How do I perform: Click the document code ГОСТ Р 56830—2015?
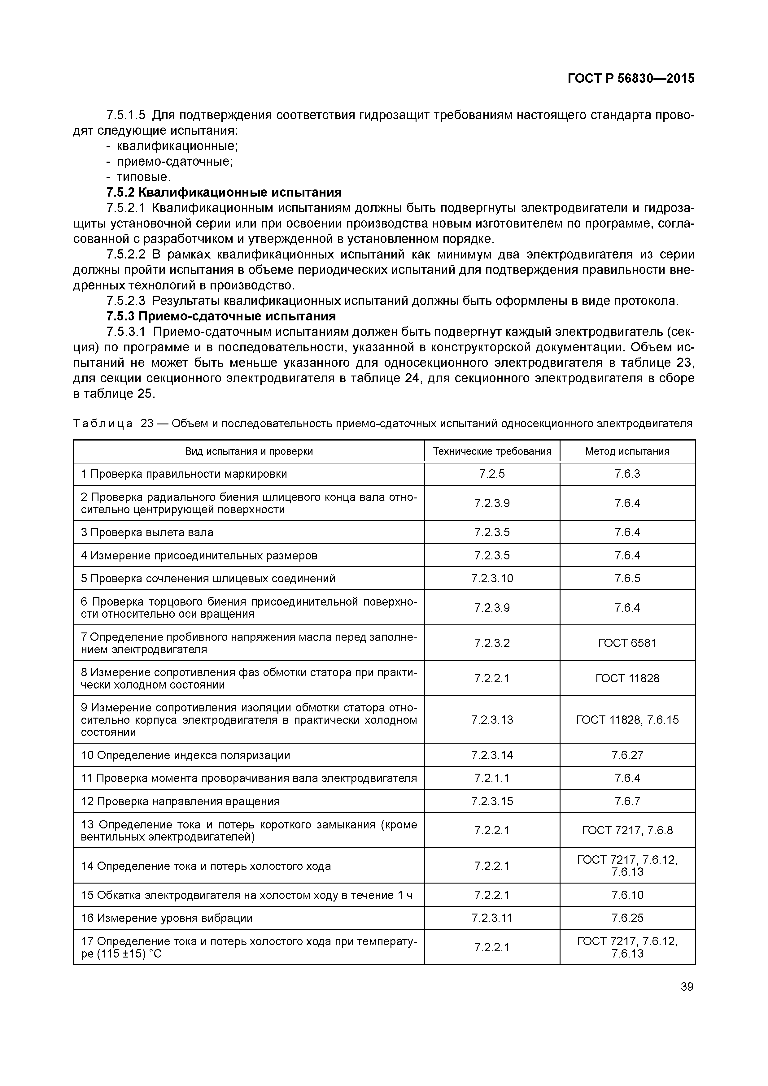tap(631, 79)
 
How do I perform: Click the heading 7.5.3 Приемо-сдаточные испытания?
tap(220, 315)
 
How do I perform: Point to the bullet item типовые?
tap(143, 177)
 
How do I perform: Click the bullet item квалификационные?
tap(177, 146)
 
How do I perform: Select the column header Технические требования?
tap(492, 451)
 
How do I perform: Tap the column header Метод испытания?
tap(627, 451)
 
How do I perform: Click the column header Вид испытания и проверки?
tap(249, 451)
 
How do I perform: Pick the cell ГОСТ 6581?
tap(627, 643)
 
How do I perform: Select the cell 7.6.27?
tap(627, 755)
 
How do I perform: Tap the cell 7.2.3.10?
tap(492, 578)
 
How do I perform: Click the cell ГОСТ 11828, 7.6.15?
tap(627, 719)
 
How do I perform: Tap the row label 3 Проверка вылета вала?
tap(147, 532)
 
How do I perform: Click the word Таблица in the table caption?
tap(103, 423)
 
